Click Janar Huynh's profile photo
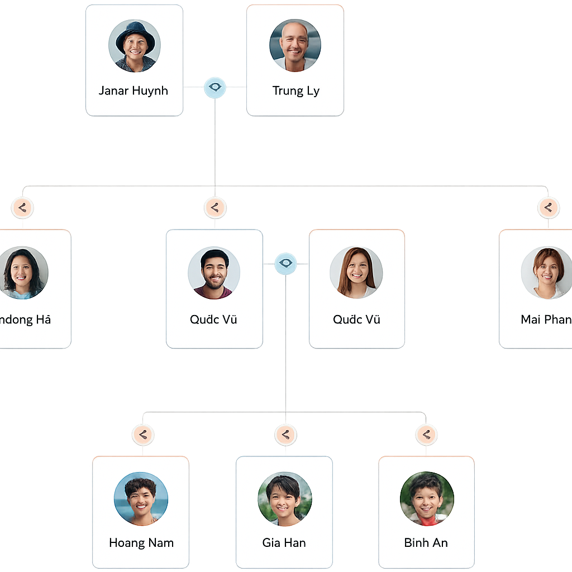coord(135,46)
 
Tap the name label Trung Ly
coord(295,90)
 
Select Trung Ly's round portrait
coord(295,46)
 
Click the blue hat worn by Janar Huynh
coord(135,32)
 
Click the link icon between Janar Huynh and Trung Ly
coord(215,87)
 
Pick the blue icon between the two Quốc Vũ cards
coord(285,264)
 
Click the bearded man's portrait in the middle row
coord(214,273)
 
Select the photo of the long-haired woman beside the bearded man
coord(356,273)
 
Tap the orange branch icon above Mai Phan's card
coord(548,208)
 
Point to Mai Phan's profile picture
coord(547,273)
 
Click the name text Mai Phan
coord(546,320)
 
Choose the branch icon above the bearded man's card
coord(214,208)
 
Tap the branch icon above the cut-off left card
coord(22,208)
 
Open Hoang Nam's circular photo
coord(141,499)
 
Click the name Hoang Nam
coord(141,542)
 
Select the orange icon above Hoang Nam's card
coord(143,435)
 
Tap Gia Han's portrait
coord(284,499)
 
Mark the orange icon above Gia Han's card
coord(285,435)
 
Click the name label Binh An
coord(426,542)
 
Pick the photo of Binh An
coord(427,499)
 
